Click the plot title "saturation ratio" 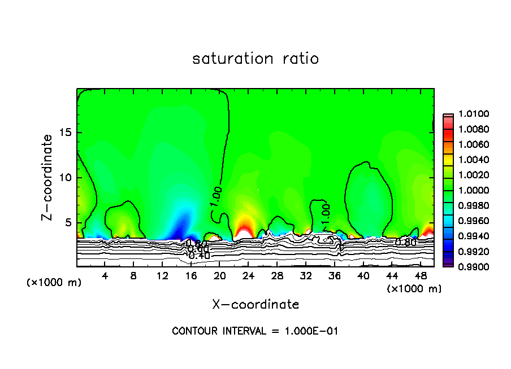pos(255,59)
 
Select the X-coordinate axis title pos(255,305)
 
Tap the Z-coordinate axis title pos(49,177)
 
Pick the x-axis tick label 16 pos(191,276)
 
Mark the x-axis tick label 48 pos(421,276)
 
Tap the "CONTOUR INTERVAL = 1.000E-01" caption pos(255,331)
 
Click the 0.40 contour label pos(199,256)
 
